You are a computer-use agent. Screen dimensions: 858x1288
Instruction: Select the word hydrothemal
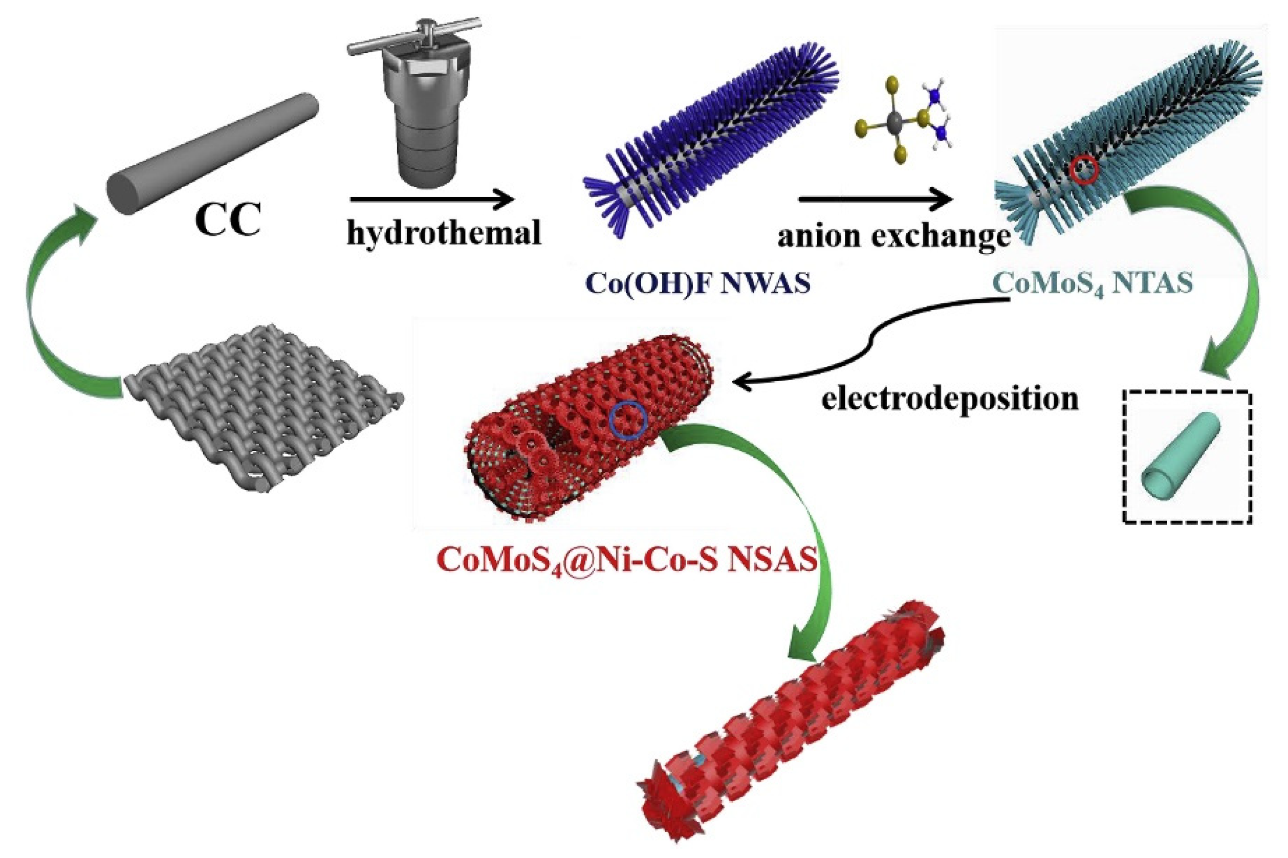click(x=444, y=233)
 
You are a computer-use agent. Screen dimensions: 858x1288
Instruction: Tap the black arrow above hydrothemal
click(x=432, y=199)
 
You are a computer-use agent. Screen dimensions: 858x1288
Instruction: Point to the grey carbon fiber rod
click(x=212, y=154)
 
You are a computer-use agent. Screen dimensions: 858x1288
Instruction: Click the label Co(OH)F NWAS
click(x=697, y=283)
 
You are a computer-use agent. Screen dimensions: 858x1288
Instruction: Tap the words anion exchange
click(x=893, y=236)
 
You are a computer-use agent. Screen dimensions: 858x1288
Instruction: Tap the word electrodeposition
click(x=949, y=399)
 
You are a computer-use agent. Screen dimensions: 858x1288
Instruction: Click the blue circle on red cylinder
click(x=628, y=420)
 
